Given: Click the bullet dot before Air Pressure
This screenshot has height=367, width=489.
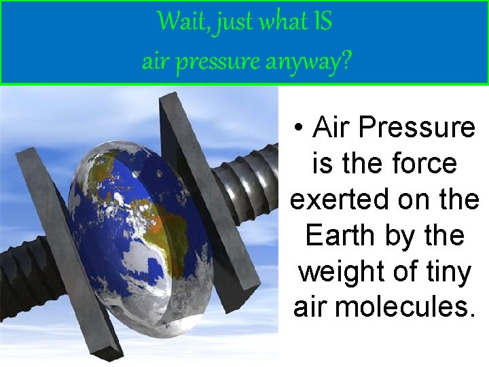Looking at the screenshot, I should pos(299,127).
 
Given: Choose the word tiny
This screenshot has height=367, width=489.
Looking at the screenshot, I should pos(447,272).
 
